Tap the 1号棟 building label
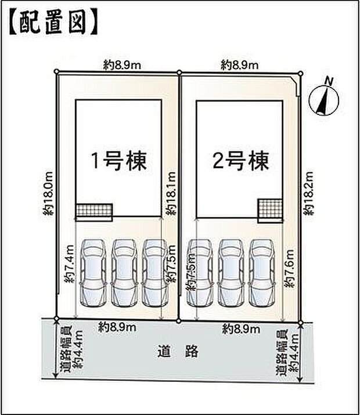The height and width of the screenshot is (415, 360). point(117,160)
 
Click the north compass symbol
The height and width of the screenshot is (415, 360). point(324,99)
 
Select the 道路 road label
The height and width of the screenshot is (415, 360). point(178,351)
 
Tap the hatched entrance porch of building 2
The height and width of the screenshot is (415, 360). point(270,209)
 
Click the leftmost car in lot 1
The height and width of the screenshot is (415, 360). point(93,272)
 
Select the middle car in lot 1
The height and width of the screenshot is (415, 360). point(124,272)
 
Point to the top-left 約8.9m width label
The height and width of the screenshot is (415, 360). point(120,66)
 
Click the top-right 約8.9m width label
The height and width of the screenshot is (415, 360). point(239,66)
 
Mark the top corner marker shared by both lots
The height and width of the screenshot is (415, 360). point(179,73)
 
